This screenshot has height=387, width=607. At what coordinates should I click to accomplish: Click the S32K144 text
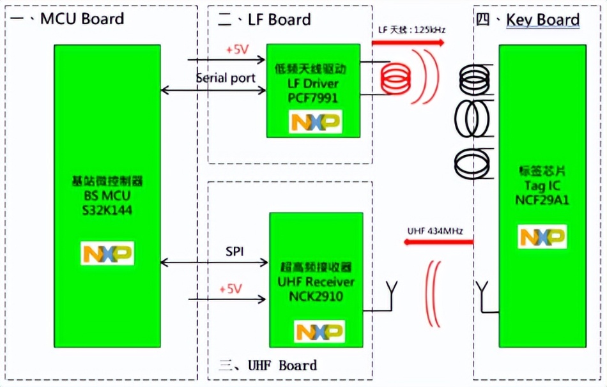(x=107, y=210)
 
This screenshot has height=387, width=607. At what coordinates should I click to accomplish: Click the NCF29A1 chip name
(x=542, y=200)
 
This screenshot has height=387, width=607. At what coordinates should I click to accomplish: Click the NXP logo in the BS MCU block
(x=107, y=253)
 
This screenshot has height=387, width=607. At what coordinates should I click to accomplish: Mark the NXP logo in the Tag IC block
(x=542, y=237)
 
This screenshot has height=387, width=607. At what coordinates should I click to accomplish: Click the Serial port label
(x=226, y=78)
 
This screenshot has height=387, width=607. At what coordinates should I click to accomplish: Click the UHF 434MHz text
(x=435, y=229)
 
